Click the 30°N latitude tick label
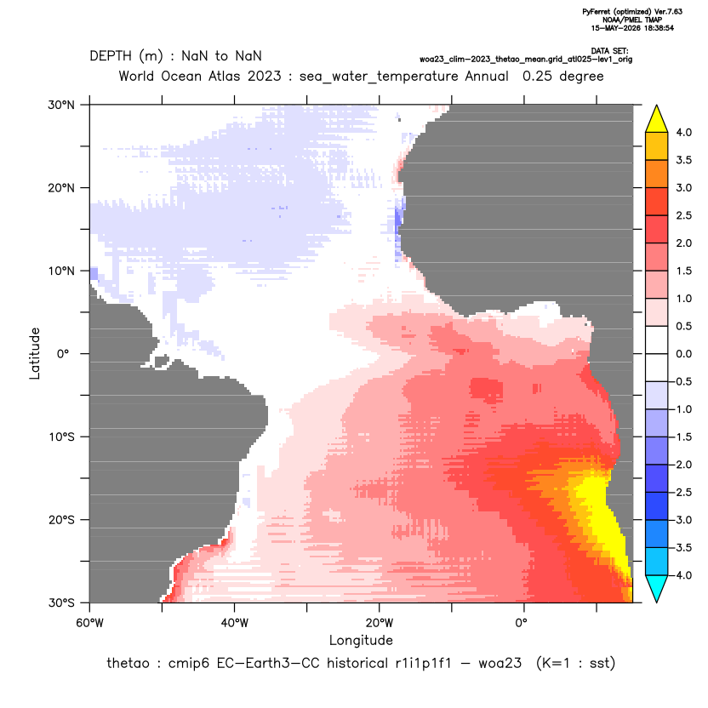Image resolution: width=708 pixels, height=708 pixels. point(61,105)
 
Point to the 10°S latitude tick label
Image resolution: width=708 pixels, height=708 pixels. point(61,437)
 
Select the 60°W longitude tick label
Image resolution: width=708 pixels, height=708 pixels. point(89,623)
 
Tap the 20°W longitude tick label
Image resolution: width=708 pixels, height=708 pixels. point(379,623)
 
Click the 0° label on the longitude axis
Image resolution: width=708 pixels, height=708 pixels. point(521,623)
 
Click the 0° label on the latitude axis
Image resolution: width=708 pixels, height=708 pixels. point(63,354)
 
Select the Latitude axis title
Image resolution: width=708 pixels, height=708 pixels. point(35,353)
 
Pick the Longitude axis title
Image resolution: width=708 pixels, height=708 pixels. point(361,640)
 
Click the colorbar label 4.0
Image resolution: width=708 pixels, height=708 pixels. point(683,132)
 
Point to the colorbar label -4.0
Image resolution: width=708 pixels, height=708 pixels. point(681,575)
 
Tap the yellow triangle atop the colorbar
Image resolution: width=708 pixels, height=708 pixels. point(657,119)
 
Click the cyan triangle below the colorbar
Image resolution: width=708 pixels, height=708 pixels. point(657,589)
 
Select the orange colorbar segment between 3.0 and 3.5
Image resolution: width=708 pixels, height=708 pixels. point(657,174)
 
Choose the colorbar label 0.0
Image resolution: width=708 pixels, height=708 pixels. point(683,354)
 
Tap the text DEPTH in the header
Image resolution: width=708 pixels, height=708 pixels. point(111,56)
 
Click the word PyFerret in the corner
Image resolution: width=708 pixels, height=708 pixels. point(597,12)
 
